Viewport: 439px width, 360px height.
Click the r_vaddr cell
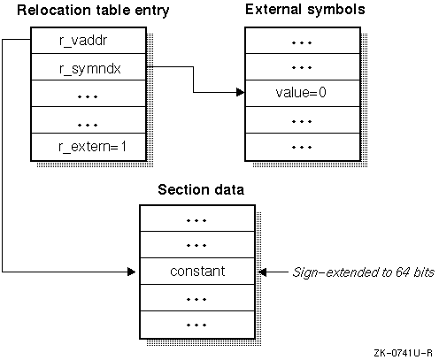tap(89, 41)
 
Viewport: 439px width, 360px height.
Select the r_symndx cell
tap(89, 67)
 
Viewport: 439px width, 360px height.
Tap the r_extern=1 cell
tap(89, 147)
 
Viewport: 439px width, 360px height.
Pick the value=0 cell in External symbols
tap(303, 93)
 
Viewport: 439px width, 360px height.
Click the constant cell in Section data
tap(197, 272)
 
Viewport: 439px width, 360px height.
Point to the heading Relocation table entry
tap(93, 11)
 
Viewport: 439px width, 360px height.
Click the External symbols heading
tap(305, 10)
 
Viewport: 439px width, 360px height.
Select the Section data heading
tap(201, 189)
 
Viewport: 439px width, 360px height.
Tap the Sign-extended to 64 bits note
tap(363, 272)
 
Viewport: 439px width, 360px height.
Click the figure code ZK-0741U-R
tap(403, 353)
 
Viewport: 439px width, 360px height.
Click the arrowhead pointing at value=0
tap(241, 92)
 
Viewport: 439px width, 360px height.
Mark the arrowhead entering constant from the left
tap(132, 272)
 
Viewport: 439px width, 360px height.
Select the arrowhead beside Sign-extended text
tap(263, 272)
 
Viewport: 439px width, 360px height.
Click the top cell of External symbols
tap(303, 41)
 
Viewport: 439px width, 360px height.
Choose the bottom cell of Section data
tap(197, 325)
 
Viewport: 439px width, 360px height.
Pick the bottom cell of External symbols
tap(303, 147)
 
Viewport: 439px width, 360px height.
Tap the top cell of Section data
tap(197, 218)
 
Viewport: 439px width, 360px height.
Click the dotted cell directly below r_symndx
tap(89, 93)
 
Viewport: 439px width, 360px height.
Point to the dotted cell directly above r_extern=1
tap(89, 120)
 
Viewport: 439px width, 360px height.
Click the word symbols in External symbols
tap(336, 10)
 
